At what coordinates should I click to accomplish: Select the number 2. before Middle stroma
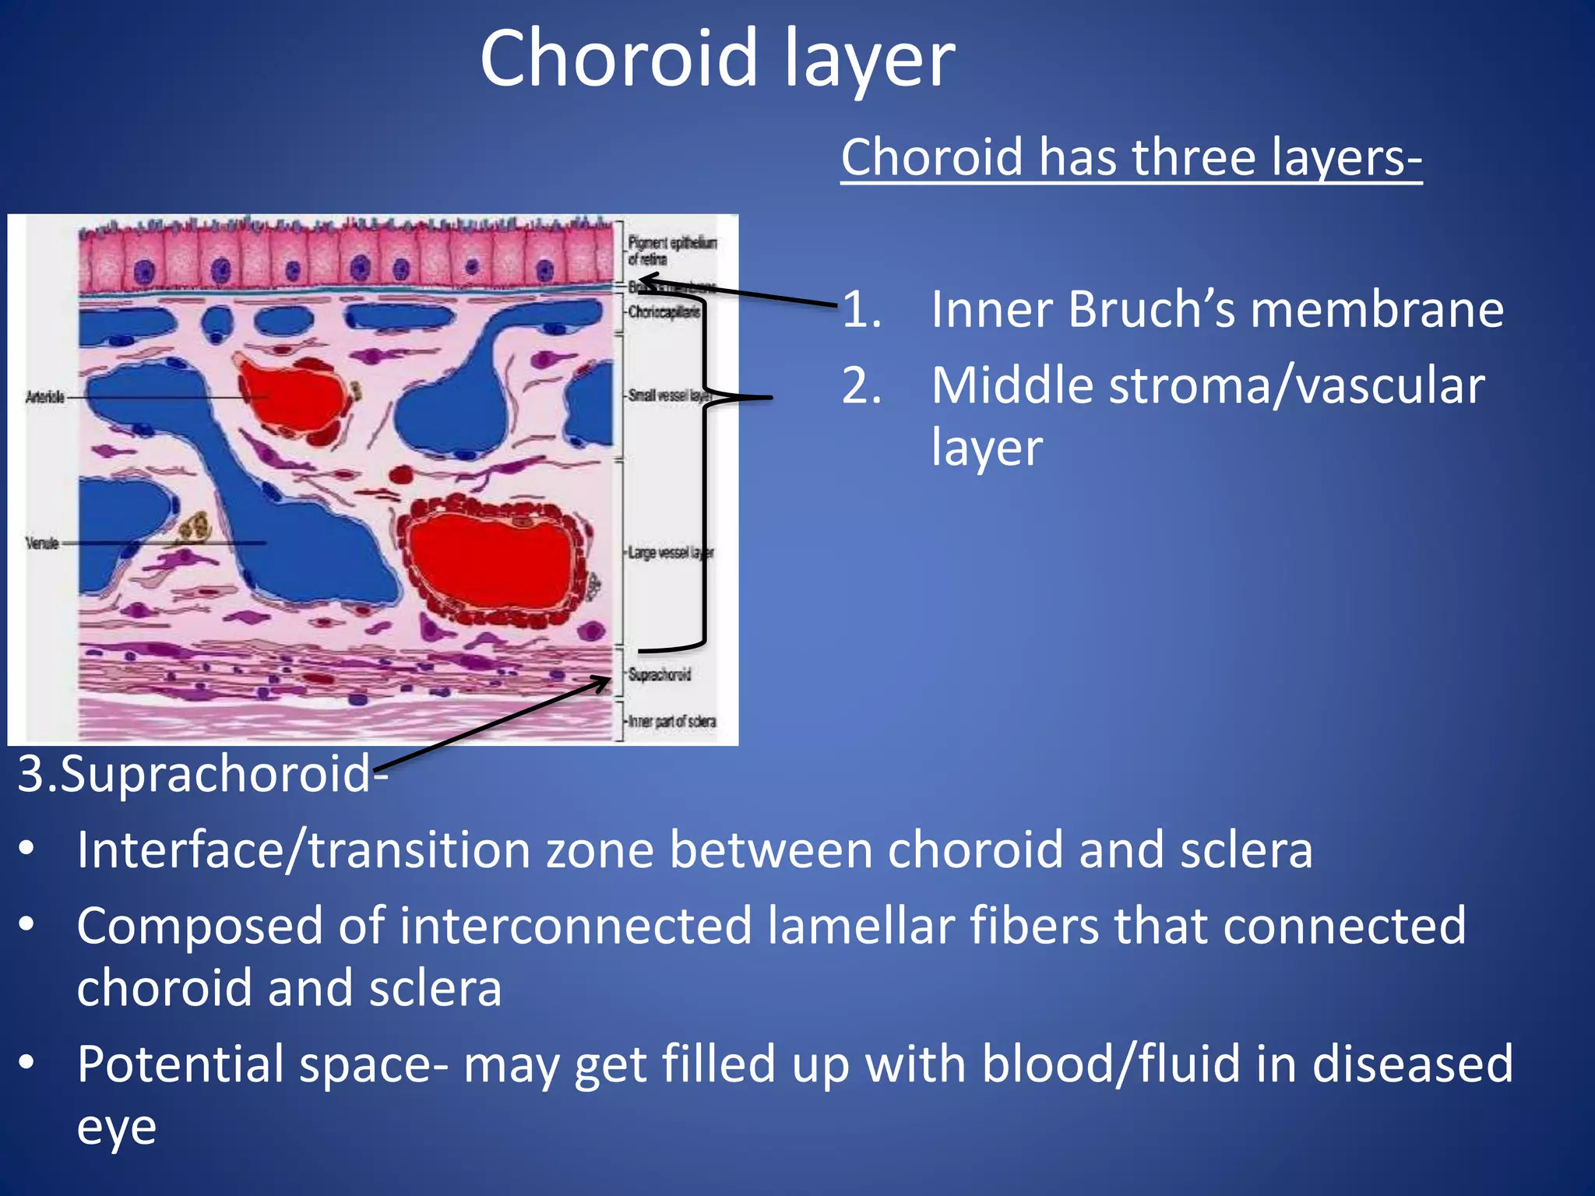tap(861, 386)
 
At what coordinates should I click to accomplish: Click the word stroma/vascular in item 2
tap(1208, 386)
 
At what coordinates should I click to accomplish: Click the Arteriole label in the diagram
tap(44, 397)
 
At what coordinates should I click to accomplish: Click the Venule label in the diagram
tap(42, 543)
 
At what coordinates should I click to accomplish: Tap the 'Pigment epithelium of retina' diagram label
tap(671, 251)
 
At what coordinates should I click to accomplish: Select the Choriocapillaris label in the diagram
tap(664, 312)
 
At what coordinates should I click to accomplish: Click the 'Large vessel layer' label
tap(670, 553)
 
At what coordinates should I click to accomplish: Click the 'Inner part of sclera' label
tap(672, 722)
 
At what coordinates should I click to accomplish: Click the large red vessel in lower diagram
tap(491, 561)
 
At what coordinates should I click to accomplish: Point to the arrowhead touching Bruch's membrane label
tap(645, 279)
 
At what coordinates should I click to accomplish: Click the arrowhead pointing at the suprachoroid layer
tap(603, 682)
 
